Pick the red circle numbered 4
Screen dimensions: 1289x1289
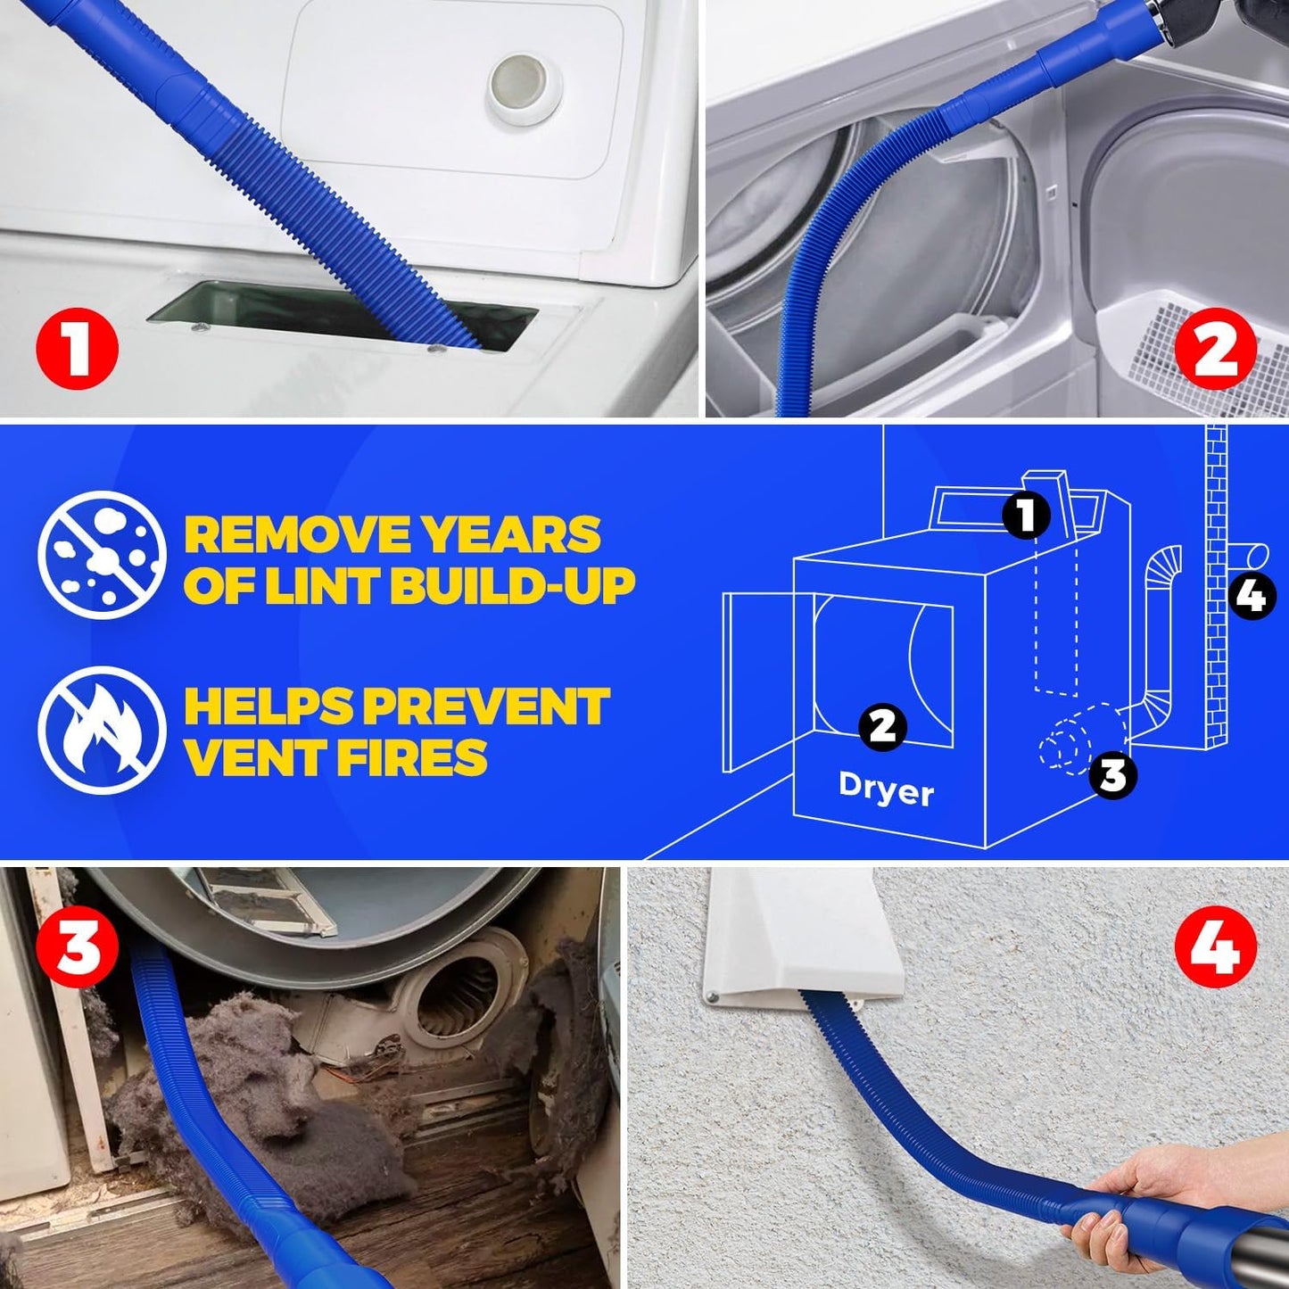tap(1215, 946)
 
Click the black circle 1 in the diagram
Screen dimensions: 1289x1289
tap(1027, 515)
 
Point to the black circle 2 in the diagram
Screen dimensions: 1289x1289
tap(882, 726)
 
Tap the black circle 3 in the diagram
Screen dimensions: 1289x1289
tap(1112, 774)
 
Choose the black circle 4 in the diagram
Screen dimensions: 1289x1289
tap(1252, 595)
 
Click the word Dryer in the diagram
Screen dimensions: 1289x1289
tap(886, 789)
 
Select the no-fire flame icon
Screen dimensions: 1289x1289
tap(102, 730)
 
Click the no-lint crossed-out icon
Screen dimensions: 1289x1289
tap(102, 555)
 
